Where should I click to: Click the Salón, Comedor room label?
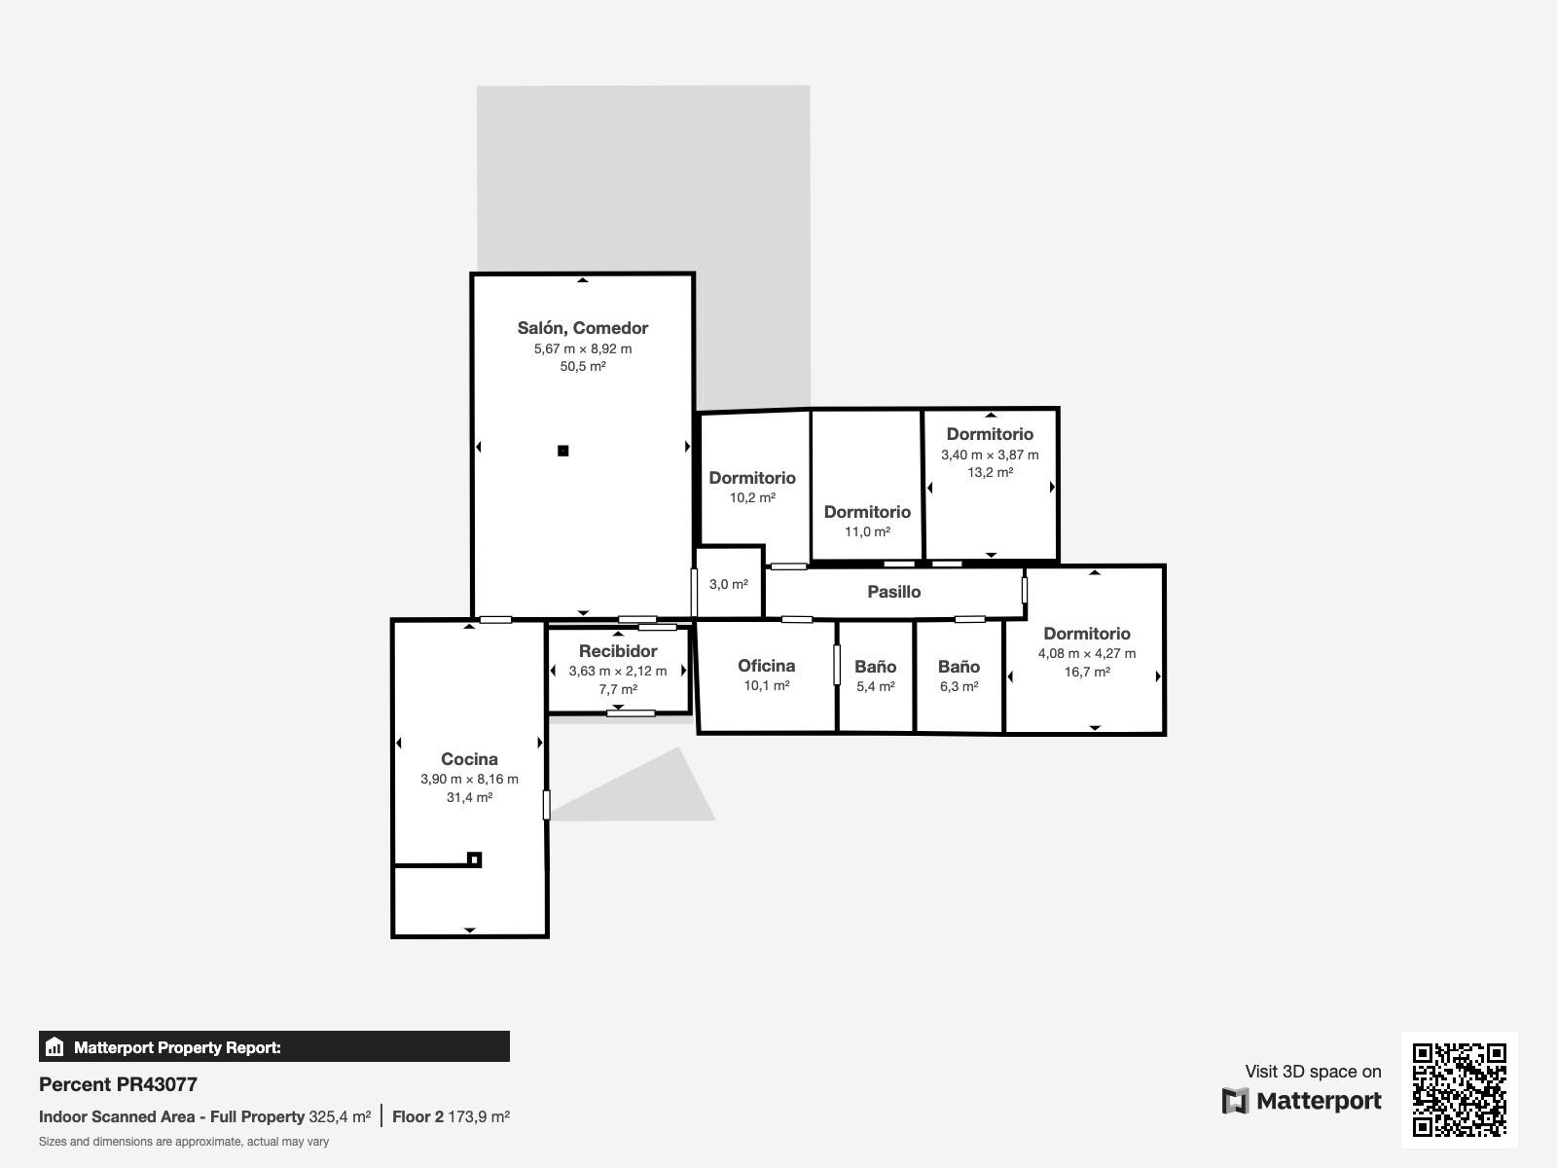(582, 328)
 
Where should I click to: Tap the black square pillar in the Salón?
(563, 451)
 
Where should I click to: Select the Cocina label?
(470, 759)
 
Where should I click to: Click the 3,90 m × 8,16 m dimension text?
(470, 779)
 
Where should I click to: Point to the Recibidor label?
(618, 651)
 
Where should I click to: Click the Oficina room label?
(766, 666)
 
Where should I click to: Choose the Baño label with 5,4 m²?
(875, 667)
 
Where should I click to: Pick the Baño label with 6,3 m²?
(960, 667)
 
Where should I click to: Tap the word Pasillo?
(893, 592)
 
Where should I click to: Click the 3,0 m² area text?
(729, 584)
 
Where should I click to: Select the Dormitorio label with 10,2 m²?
(752, 478)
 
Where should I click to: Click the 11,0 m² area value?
(867, 531)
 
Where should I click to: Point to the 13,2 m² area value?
(991, 472)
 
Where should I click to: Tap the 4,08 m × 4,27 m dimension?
(1087, 653)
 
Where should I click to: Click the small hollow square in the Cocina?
(475, 859)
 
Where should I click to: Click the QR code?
(1459, 1090)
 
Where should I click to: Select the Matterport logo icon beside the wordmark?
(1235, 1101)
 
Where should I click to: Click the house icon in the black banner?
(54, 1046)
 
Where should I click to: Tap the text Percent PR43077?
(118, 1084)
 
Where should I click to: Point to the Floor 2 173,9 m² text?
(451, 1117)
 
